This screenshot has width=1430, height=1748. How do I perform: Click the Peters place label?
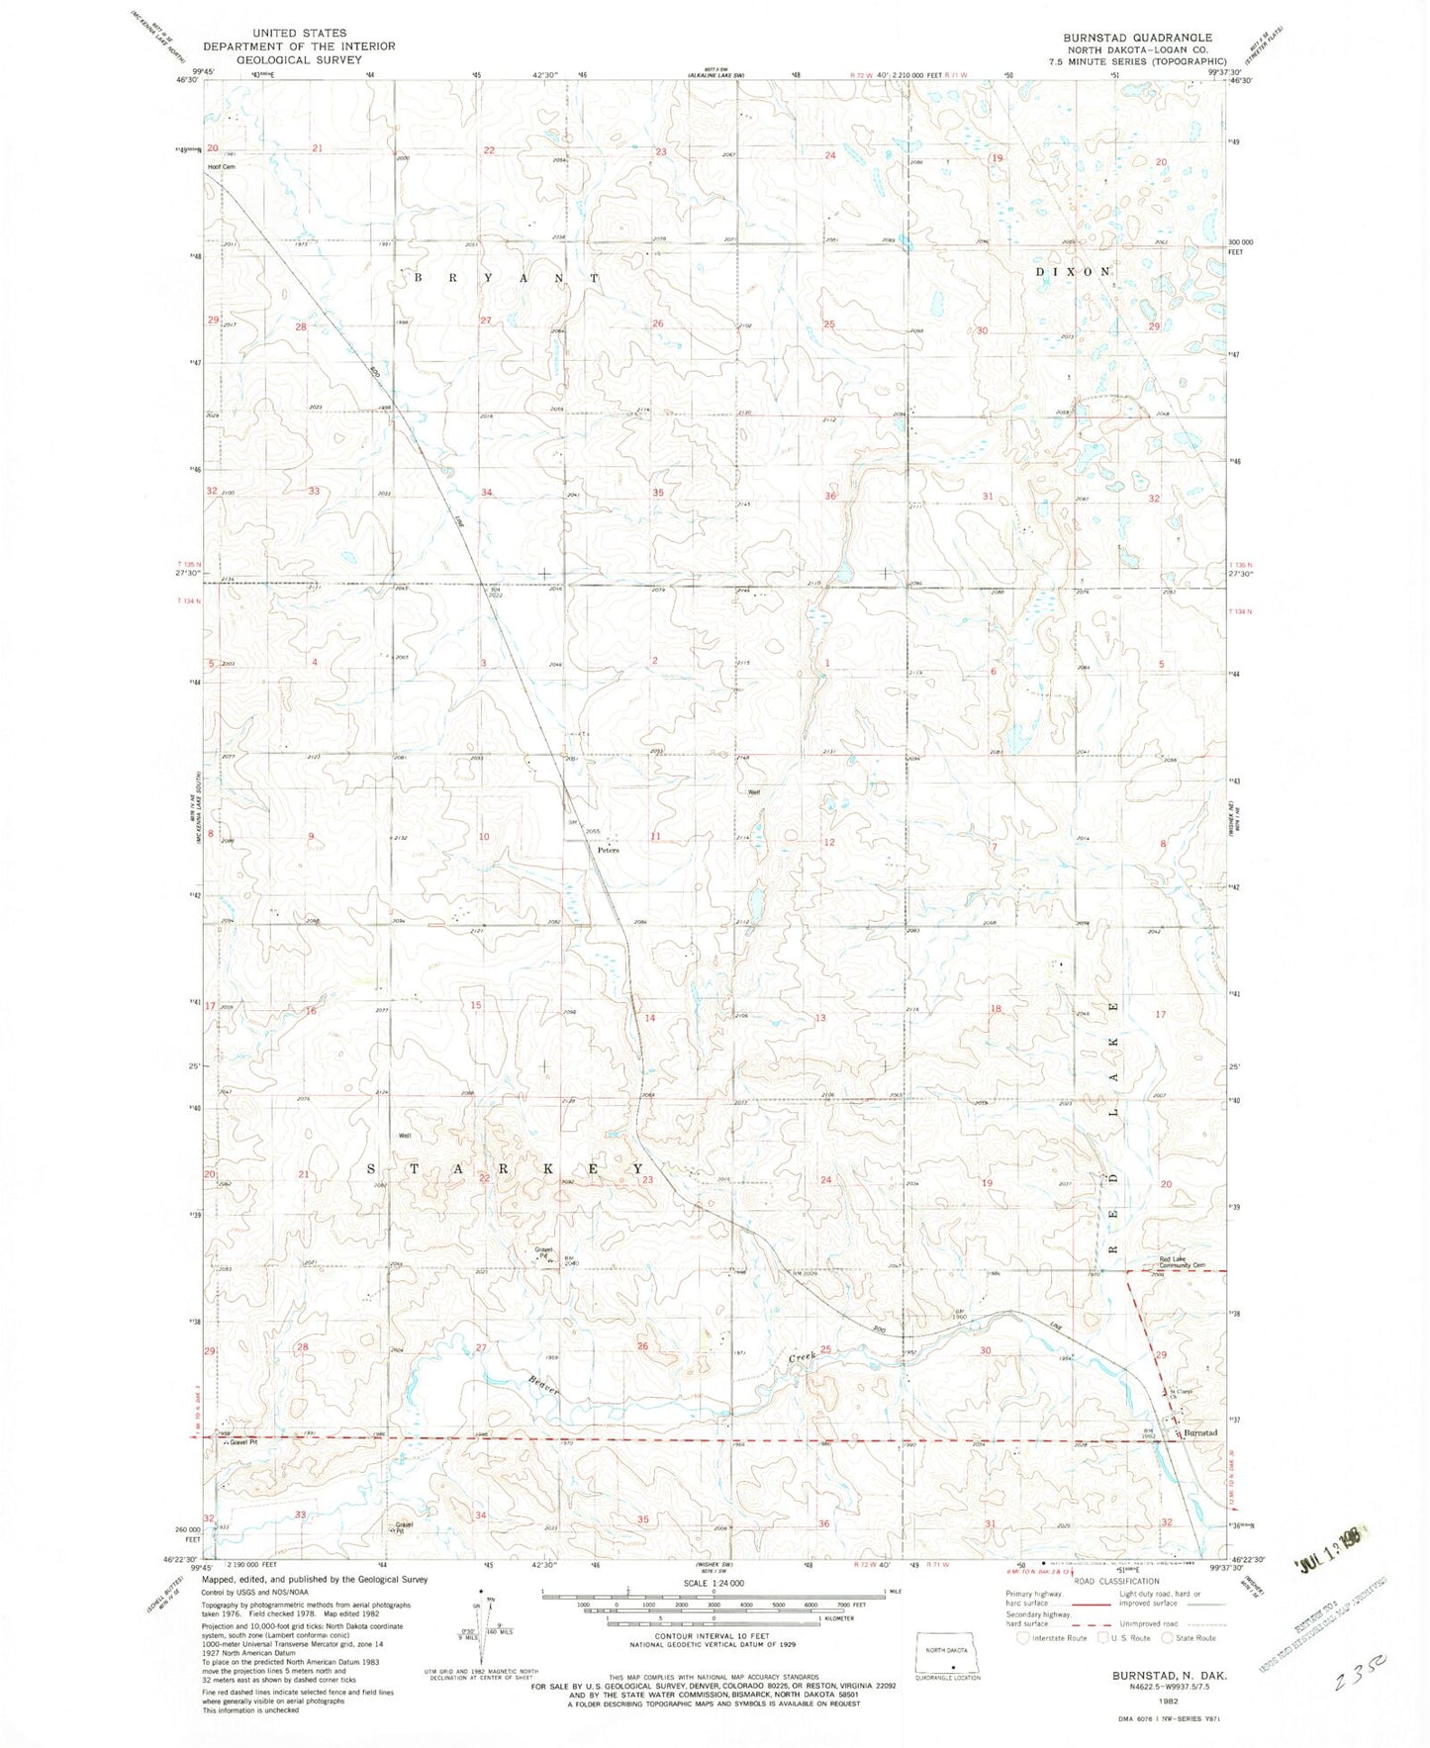click(x=608, y=850)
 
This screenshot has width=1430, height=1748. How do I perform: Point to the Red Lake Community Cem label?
click(x=1184, y=1262)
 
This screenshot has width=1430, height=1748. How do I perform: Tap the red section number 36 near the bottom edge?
click(x=823, y=1523)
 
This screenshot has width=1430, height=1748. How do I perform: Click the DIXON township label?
click(x=1074, y=271)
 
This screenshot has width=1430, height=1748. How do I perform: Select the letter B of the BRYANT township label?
click(x=419, y=279)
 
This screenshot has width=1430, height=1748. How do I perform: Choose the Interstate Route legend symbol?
click(x=1023, y=1638)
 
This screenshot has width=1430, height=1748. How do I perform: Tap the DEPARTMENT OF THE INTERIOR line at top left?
click(x=299, y=46)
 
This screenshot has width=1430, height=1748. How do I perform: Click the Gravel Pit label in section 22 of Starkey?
click(x=543, y=1252)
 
